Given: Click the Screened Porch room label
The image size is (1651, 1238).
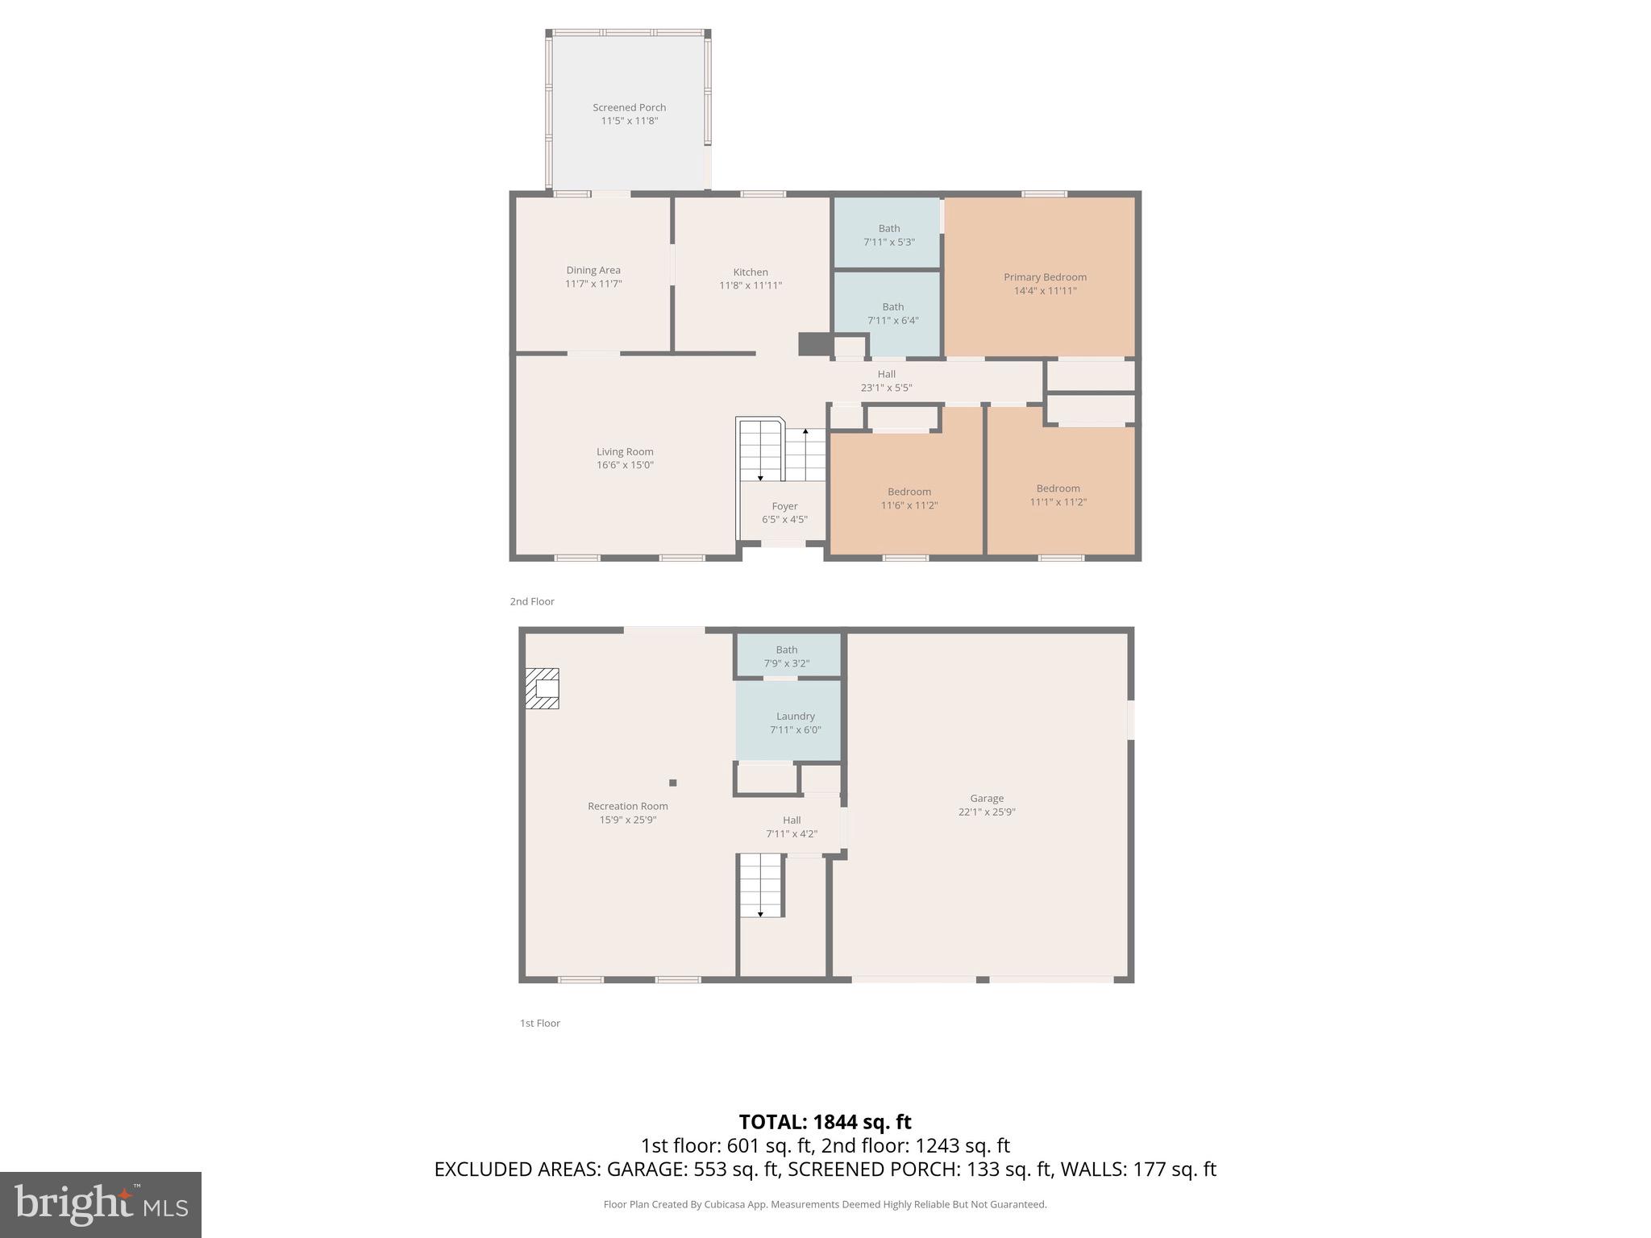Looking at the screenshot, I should tap(629, 107).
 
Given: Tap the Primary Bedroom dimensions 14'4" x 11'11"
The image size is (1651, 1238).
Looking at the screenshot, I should tap(1045, 291).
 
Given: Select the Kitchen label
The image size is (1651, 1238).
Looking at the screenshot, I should tap(751, 272).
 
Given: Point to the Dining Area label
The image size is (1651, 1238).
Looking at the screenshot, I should tap(593, 271).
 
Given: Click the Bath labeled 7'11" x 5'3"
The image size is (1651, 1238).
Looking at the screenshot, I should tap(889, 235).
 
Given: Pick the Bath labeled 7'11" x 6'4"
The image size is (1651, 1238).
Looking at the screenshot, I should tap(892, 314).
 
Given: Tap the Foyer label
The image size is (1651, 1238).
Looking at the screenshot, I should tap(784, 507).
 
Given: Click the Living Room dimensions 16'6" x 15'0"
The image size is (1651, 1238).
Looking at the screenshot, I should tap(625, 465).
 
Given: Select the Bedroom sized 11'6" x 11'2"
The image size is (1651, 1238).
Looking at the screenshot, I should tap(909, 498).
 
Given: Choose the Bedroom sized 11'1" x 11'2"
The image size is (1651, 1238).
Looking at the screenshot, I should tap(1058, 495).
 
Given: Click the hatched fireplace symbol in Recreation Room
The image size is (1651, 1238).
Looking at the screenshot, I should tap(543, 688).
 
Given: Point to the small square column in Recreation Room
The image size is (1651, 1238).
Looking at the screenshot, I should tap(673, 783).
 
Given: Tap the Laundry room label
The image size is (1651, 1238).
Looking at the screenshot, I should tap(795, 717).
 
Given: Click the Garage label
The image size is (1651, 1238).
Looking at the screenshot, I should tap(987, 799).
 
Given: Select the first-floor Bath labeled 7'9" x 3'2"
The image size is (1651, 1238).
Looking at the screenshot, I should tap(787, 656).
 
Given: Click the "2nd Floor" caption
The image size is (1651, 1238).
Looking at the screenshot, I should tap(532, 601).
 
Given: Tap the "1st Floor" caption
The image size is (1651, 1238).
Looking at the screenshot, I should tap(539, 1023).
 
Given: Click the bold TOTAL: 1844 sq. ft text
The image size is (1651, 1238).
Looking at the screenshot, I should tap(825, 1122).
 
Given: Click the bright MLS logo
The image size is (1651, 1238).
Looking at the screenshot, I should tap(101, 1204).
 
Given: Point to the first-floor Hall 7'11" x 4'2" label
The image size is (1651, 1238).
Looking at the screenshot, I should tap(792, 827).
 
